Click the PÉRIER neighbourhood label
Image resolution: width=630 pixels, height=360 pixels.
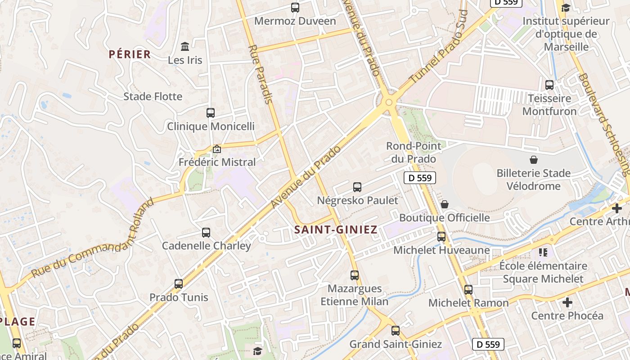(x=130, y=54)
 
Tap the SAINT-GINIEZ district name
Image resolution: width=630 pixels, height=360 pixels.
(x=336, y=229)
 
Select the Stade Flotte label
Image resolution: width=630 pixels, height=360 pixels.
(x=153, y=96)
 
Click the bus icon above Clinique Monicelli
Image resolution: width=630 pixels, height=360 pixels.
(x=211, y=113)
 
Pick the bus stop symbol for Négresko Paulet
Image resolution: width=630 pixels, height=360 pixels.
(x=357, y=187)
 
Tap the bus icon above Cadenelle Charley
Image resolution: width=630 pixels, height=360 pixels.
(x=206, y=233)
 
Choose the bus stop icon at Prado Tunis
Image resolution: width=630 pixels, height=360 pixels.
(x=179, y=284)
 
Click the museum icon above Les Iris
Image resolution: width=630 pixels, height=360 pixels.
(x=185, y=46)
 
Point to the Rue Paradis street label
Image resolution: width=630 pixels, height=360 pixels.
(x=261, y=74)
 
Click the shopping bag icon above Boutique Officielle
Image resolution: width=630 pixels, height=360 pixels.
(x=445, y=204)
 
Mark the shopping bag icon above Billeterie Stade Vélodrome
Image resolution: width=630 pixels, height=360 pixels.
(x=534, y=159)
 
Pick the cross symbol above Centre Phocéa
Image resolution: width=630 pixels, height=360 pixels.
(x=567, y=302)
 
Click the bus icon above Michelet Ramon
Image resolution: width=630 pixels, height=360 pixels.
(x=468, y=290)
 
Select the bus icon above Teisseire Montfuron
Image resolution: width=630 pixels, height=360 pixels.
(x=549, y=85)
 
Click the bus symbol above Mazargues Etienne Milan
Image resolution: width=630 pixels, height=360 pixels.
(x=355, y=275)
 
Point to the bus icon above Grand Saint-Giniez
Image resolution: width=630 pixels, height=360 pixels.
(x=396, y=331)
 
